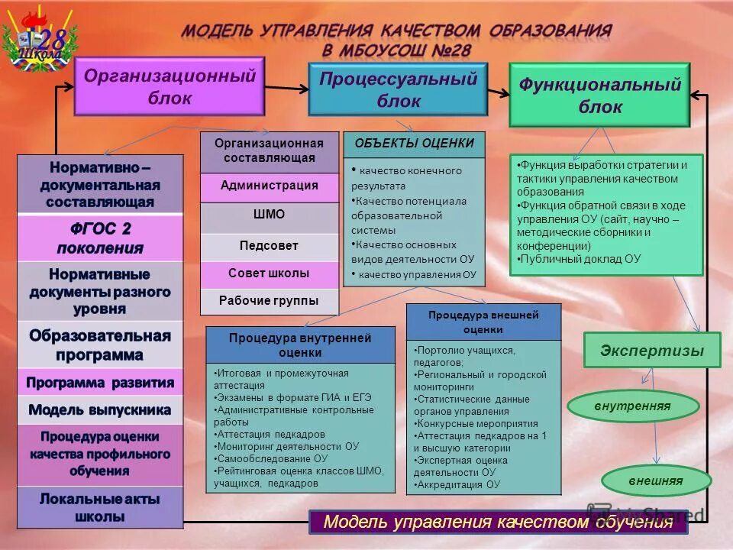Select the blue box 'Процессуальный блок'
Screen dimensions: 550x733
[397, 89]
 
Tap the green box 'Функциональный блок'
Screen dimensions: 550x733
[599, 95]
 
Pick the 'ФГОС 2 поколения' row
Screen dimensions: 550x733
[100, 238]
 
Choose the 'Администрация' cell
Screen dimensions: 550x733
[270, 186]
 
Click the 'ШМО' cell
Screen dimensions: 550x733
[270, 215]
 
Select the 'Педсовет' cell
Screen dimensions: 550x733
[270, 246]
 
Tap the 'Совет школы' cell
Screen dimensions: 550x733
[270, 273]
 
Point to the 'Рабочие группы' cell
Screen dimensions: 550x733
[270, 301]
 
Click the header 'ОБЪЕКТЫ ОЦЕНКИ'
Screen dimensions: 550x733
[414, 144]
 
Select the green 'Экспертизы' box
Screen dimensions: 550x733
[651, 351]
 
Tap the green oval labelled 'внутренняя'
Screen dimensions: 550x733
[633, 406]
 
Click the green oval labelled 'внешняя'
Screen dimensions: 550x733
[656, 481]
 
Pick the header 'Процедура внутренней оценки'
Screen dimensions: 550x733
[300, 345]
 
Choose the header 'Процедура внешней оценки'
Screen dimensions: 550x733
[483, 322]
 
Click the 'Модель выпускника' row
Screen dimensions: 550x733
[100, 409]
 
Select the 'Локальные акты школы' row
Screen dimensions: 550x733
[100, 507]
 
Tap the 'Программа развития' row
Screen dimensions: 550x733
[100, 382]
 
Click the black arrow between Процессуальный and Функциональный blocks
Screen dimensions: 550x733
[498, 92]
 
